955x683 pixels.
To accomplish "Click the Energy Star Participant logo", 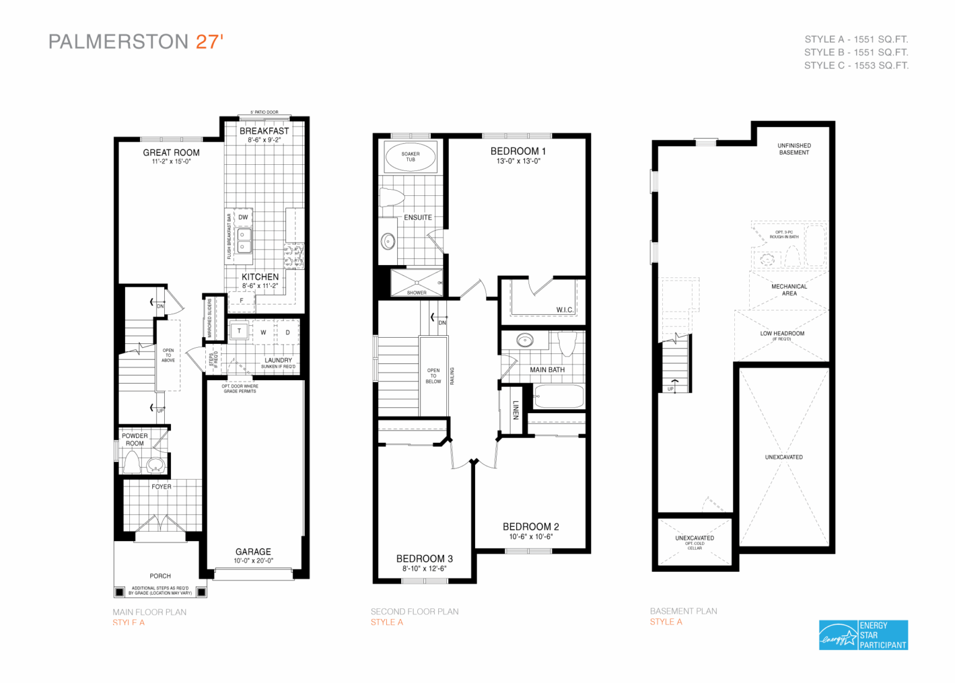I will [863, 635].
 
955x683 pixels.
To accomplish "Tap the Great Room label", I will [171, 152].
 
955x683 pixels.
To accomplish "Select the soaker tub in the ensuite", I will [410, 157].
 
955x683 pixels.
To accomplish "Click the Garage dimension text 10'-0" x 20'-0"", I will [253, 561].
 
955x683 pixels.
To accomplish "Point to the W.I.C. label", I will [565, 310].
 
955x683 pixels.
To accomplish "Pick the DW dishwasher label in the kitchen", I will [243, 217].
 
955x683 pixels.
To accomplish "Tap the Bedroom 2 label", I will [530, 527].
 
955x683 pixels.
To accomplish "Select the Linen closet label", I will [515, 410].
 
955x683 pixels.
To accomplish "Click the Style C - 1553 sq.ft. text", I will [856, 65].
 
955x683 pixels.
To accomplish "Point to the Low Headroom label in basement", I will [782, 333].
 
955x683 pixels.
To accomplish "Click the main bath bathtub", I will [558, 397].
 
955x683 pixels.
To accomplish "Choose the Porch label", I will [160, 576].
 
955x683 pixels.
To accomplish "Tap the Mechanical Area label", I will [789, 290].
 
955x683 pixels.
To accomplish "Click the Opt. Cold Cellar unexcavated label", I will [694, 542].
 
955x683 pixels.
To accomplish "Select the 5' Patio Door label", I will [264, 113].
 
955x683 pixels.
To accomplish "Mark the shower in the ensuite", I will [416, 281].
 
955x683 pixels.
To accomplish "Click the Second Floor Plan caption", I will [414, 611].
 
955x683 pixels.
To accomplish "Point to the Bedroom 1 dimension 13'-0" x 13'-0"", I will [518, 161].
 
